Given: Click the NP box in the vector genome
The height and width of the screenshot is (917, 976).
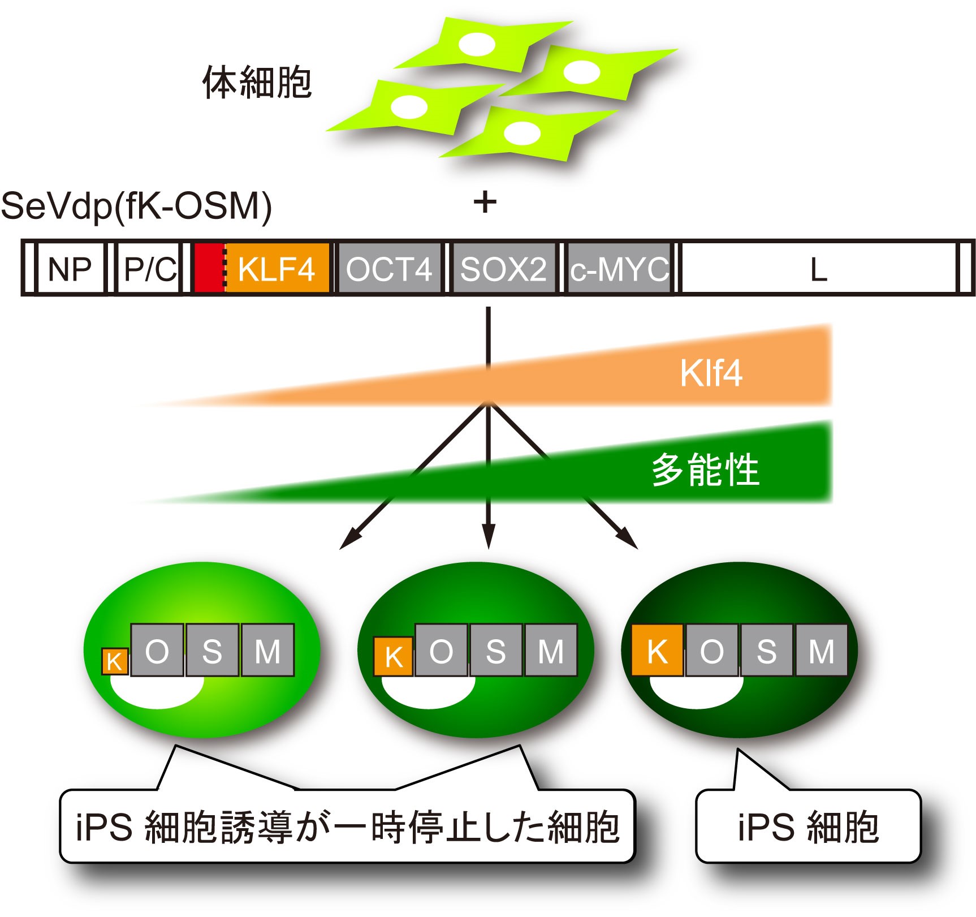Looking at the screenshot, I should [70, 269].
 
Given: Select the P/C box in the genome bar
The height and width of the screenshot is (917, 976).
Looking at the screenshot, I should [149, 269].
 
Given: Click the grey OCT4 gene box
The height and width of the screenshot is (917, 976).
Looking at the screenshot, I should [388, 269].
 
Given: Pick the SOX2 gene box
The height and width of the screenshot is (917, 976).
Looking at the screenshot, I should [503, 269].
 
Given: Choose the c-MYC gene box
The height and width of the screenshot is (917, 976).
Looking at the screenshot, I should [619, 269].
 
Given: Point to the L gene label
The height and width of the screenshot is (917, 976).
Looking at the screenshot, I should [818, 270].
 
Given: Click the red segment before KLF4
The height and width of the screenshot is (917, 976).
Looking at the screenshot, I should [208, 269].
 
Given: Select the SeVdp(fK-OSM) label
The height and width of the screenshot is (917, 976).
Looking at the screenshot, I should [136, 206].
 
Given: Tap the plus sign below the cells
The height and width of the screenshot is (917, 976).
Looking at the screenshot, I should [485, 202].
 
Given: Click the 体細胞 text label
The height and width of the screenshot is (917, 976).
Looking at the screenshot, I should [257, 83].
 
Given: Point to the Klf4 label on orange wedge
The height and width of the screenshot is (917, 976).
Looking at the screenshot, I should [711, 373].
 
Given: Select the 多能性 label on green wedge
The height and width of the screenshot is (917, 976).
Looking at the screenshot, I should [705, 470].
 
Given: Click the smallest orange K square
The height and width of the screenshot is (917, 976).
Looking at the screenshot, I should [115, 661].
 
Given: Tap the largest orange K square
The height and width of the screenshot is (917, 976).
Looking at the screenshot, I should [657, 651].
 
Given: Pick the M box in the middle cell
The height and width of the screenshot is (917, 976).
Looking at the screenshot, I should [551, 651].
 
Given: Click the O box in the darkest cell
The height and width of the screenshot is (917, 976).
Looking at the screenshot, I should [711, 651].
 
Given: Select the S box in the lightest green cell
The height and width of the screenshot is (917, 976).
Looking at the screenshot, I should [212, 651].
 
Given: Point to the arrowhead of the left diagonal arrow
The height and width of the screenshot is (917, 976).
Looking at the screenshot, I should [346, 543].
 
